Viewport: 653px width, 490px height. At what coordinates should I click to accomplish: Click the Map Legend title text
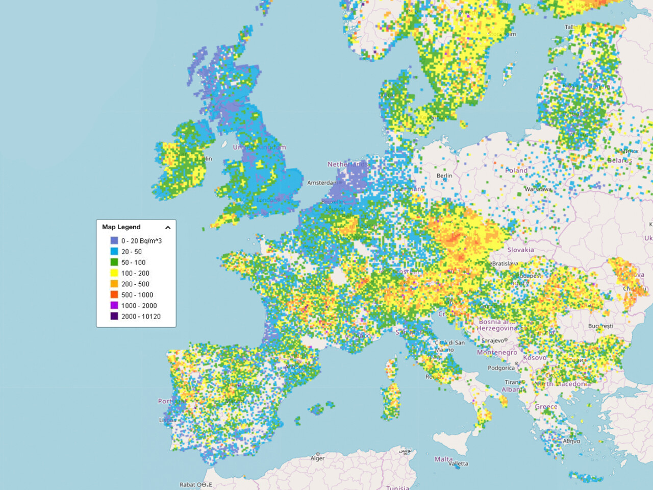click(121, 227)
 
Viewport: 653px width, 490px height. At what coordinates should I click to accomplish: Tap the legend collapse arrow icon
click(168, 228)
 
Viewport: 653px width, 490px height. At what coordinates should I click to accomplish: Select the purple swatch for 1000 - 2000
click(114, 306)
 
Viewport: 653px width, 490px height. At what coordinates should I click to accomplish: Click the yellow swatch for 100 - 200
click(114, 273)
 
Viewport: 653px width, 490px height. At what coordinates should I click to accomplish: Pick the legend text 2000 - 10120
click(141, 316)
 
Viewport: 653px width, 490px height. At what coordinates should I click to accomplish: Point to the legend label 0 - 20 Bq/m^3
click(141, 241)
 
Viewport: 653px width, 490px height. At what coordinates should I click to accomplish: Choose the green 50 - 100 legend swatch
click(114, 262)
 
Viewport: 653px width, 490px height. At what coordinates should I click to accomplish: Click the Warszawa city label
click(538, 189)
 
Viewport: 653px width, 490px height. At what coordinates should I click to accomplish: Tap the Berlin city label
click(444, 176)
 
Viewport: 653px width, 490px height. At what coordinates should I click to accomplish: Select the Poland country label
click(516, 170)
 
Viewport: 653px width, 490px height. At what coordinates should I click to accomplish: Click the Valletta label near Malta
click(458, 464)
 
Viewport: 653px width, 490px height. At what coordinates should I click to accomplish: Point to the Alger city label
click(317, 458)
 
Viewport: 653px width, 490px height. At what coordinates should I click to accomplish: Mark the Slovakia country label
click(520, 250)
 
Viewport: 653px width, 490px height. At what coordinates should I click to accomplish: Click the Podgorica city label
click(501, 368)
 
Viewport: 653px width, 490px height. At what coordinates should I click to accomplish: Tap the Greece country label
click(546, 407)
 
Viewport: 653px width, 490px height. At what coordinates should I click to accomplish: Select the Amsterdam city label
click(323, 183)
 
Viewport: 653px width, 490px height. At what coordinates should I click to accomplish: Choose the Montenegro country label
click(497, 353)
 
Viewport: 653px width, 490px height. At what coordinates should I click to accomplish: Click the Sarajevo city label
click(492, 340)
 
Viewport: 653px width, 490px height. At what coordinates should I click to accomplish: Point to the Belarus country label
click(619, 160)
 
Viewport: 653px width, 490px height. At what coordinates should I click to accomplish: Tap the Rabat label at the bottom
click(187, 485)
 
